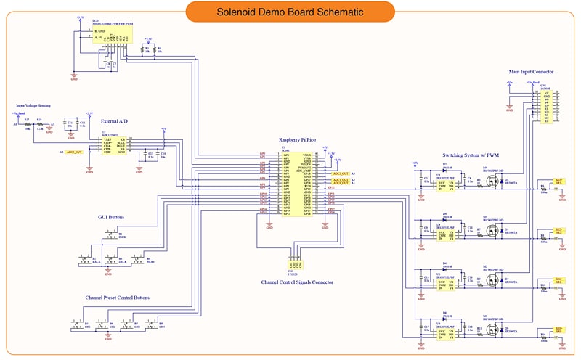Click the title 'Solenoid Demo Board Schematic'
[290, 12]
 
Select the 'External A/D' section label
[114, 120]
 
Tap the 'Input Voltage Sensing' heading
[33, 106]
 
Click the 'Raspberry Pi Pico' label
[298, 139]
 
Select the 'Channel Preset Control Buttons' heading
[117, 298]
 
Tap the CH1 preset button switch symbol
[77, 325]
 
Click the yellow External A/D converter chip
[113, 145]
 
